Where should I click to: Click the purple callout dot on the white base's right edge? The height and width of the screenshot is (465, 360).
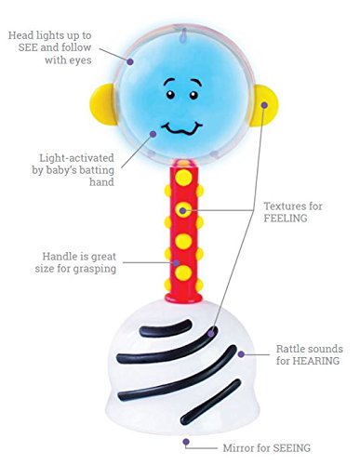click(x=241, y=354)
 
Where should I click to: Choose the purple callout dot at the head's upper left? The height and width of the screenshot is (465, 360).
click(x=129, y=61)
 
